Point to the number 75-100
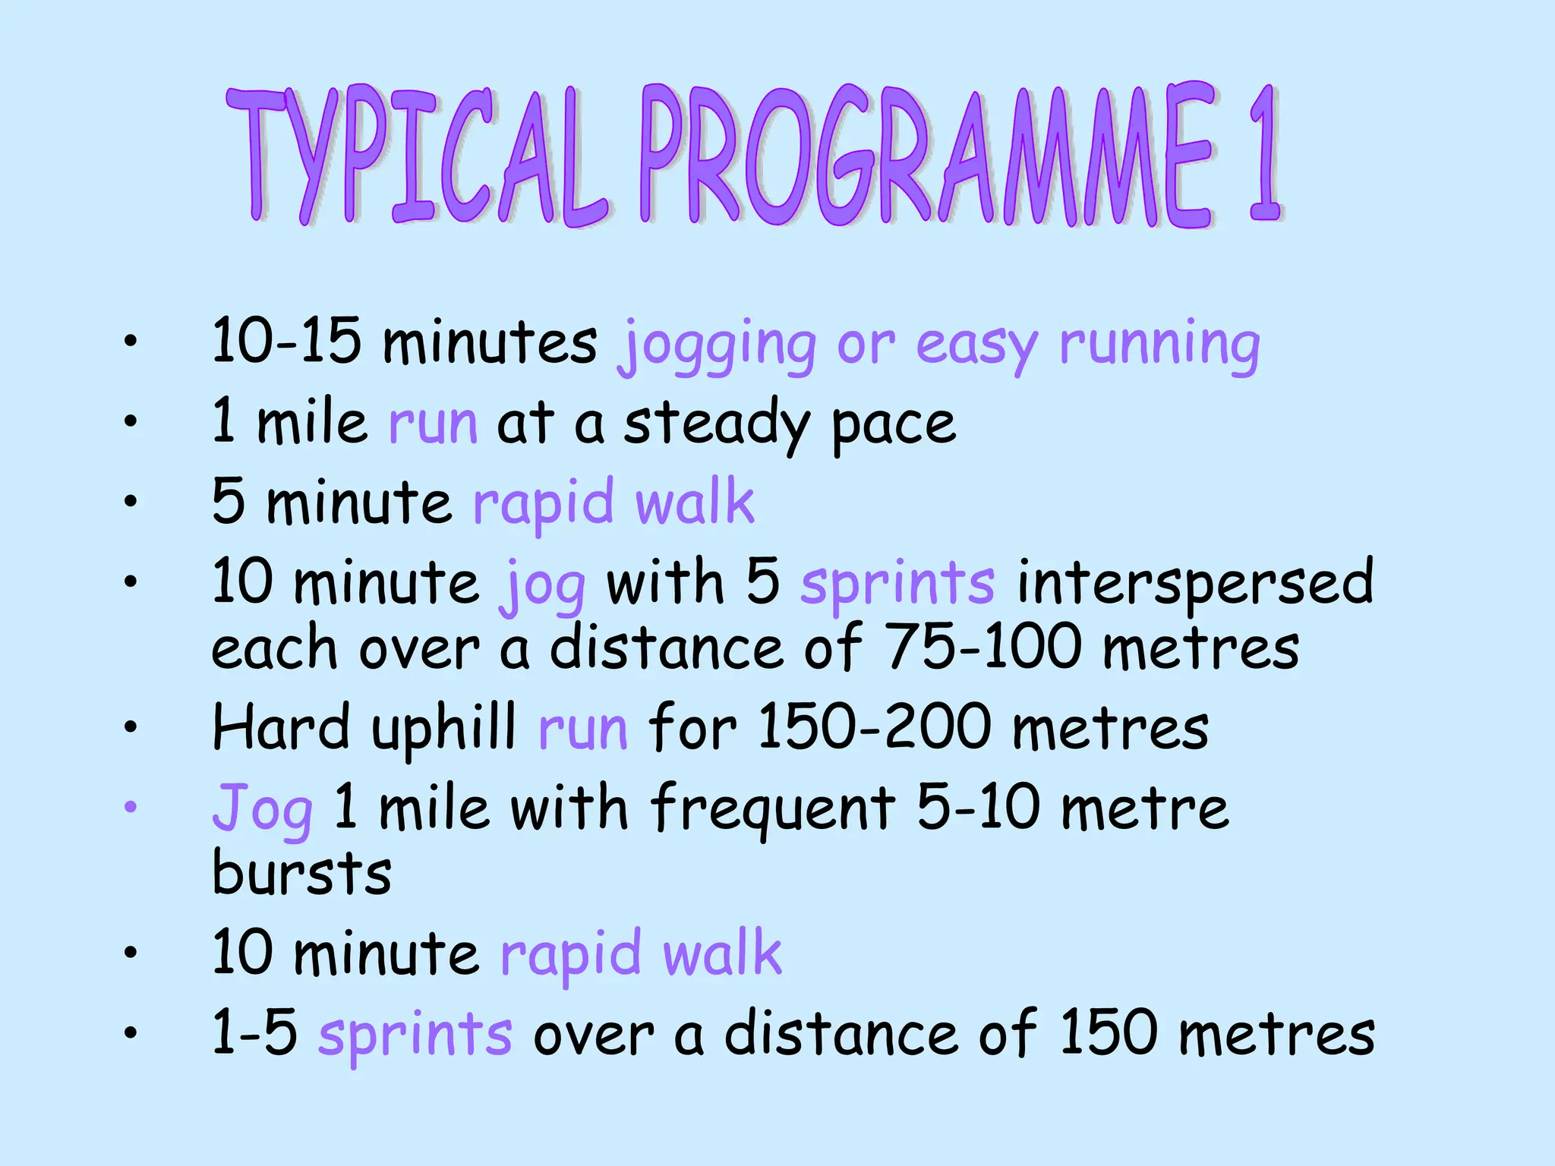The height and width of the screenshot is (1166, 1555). pos(983,647)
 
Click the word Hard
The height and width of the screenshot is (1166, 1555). pos(280,727)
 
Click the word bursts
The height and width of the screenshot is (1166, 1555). pos(301,873)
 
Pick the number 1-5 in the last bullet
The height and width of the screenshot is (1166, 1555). pos(254,1032)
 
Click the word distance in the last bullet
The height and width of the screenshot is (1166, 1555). pos(840,1034)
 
